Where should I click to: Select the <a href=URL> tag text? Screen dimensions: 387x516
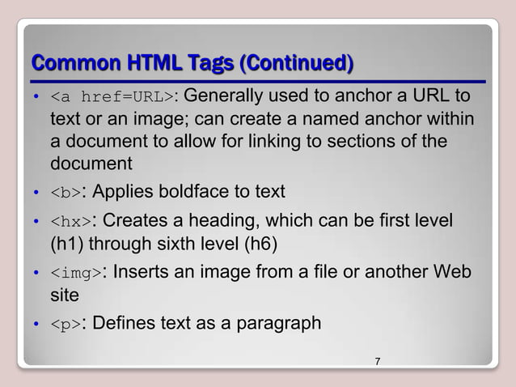click(112, 99)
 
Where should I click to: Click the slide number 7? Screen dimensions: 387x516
click(377, 360)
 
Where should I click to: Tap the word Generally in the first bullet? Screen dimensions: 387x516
click(225, 98)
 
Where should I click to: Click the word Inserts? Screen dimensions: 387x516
click(143, 273)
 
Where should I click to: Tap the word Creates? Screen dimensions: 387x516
click(136, 221)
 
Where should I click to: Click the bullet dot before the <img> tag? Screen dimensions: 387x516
click(37, 274)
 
